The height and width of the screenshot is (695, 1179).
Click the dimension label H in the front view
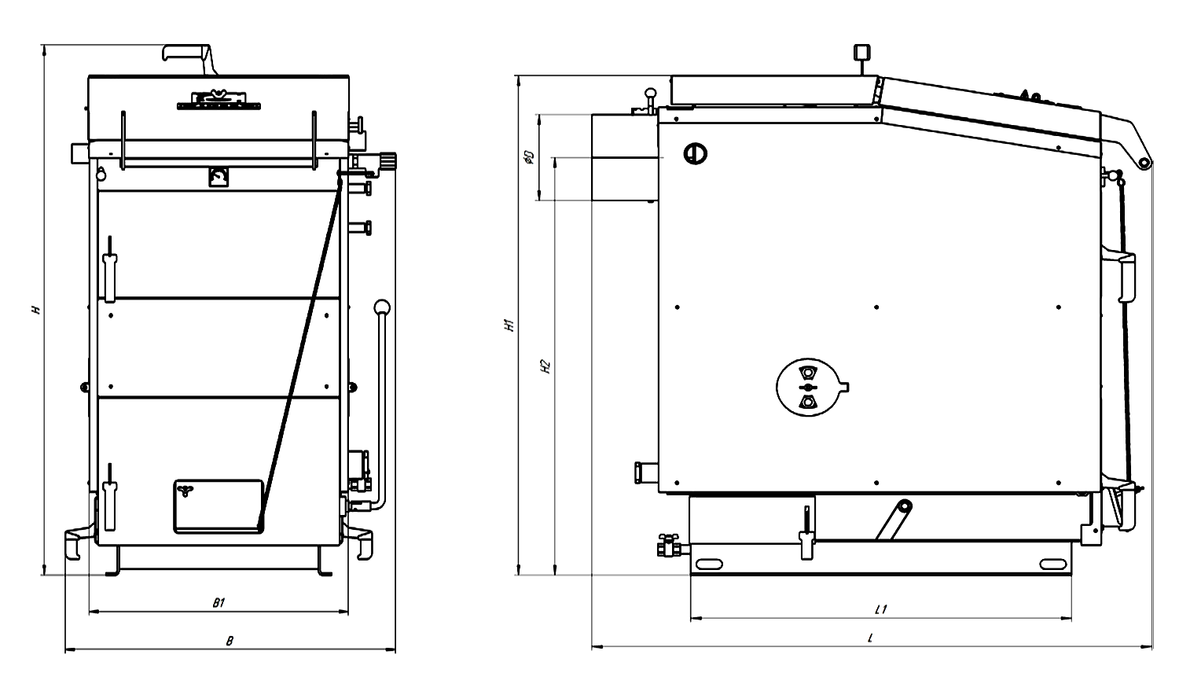[36, 310]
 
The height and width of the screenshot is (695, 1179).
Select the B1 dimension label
[219, 603]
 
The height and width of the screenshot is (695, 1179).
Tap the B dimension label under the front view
[230, 641]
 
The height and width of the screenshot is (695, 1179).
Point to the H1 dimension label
[509, 325]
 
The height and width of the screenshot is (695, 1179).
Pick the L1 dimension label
[880, 609]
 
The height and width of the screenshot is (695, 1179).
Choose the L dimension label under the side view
[870, 638]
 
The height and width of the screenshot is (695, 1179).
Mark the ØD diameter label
[529, 157]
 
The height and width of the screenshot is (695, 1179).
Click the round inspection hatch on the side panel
[810, 388]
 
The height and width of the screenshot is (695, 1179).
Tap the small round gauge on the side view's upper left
[695, 154]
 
